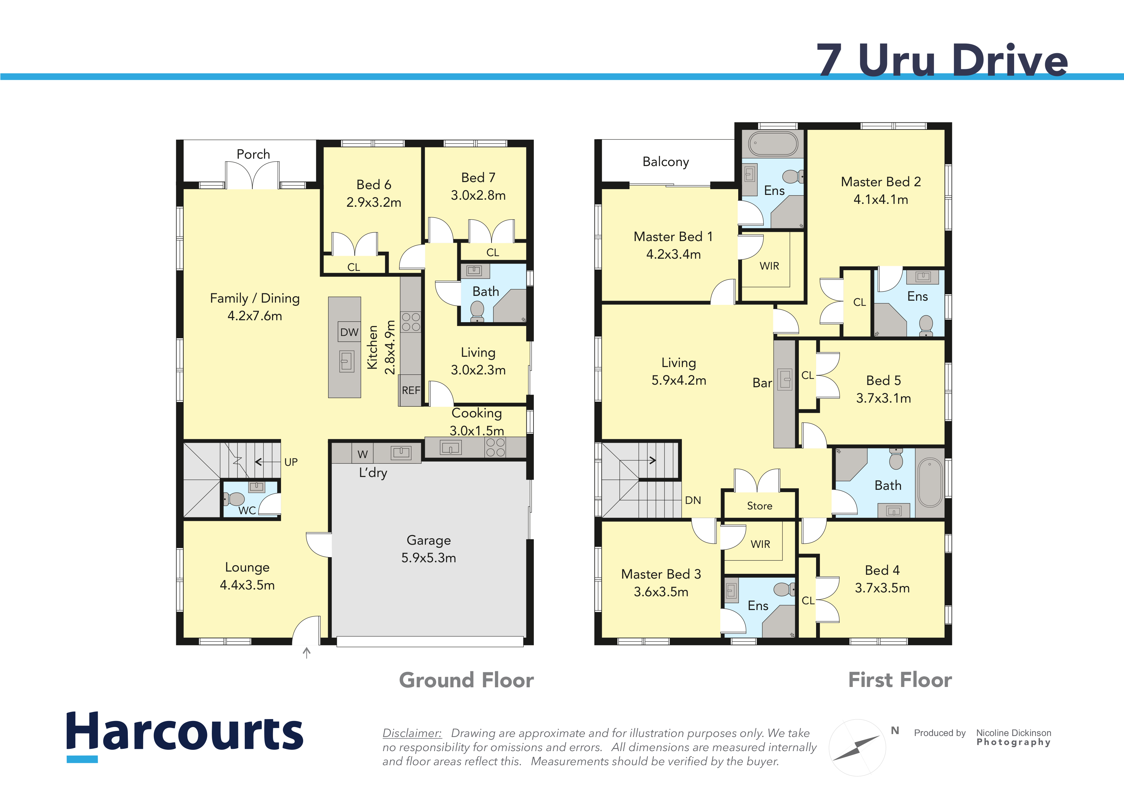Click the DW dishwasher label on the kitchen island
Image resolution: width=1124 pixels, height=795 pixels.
tap(349, 332)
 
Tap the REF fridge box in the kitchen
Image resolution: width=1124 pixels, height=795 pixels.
tap(410, 390)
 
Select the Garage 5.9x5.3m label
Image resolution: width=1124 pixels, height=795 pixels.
tap(428, 548)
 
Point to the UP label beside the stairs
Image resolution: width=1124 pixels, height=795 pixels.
tap(291, 462)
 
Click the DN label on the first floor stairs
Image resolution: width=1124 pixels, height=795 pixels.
tap(693, 500)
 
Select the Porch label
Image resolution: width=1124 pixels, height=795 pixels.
tap(253, 154)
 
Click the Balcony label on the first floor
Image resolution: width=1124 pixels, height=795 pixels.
tap(665, 162)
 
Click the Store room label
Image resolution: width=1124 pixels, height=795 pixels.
tap(759, 506)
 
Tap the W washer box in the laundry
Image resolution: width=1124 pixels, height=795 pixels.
tap(362, 454)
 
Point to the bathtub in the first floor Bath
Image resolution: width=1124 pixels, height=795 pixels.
tap(930, 482)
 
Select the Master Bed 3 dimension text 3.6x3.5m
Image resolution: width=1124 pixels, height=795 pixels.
tap(661, 592)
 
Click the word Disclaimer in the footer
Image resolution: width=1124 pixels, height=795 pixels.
tap(412, 733)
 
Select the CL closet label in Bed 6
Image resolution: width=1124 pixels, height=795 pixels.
tap(353, 267)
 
